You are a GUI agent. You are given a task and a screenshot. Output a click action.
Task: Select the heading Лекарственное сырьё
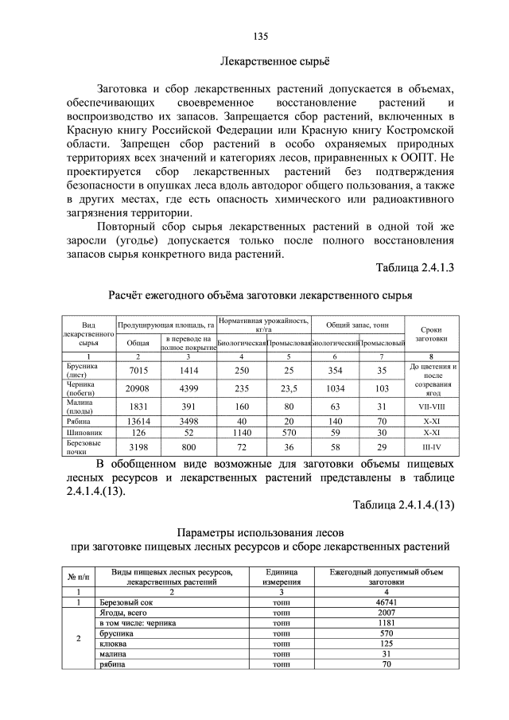tap(274, 60)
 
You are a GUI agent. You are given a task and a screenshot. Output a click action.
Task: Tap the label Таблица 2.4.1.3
tap(414, 267)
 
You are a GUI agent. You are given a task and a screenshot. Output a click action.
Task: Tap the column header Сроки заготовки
tap(431, 333)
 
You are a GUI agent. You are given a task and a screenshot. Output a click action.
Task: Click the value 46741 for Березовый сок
tap(387, 604)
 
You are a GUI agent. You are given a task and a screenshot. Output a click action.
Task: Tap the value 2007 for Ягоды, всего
tap(387, 614)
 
